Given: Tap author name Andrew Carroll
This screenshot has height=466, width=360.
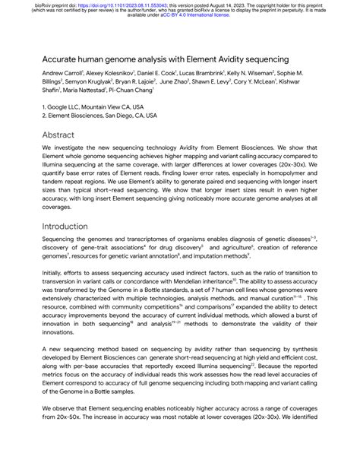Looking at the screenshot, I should click(64, 73).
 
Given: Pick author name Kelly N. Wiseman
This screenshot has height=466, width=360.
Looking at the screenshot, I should click(270, 73).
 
